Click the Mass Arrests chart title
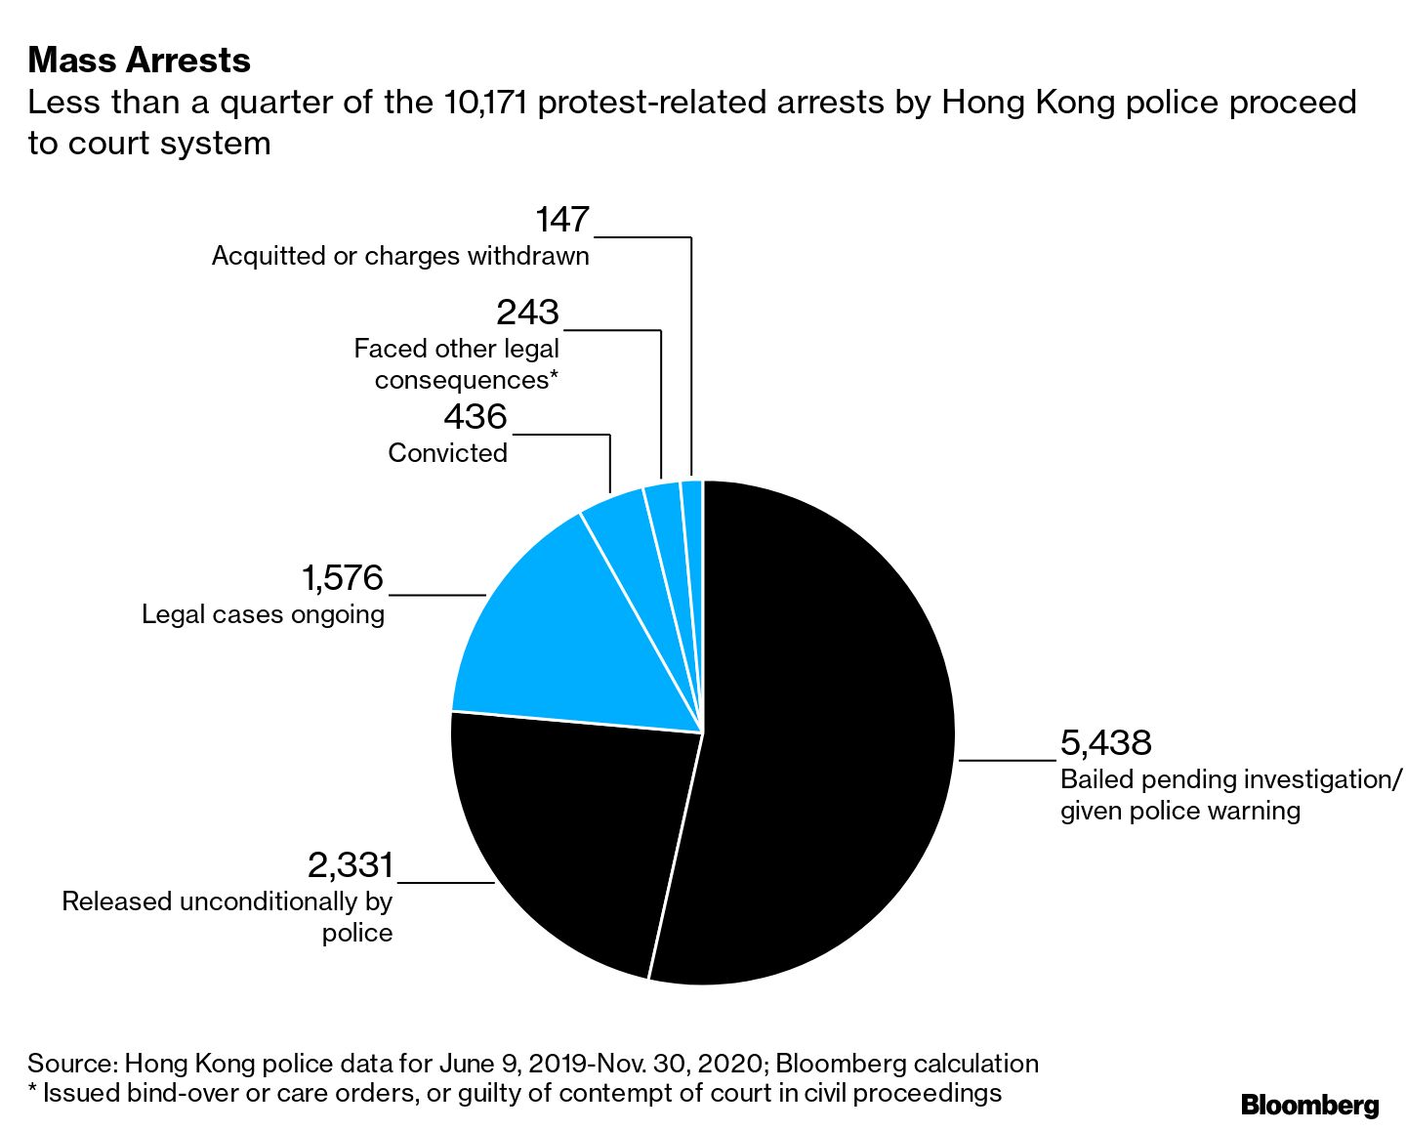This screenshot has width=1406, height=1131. click(140, 61)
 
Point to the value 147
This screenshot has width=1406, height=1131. click(562, 220)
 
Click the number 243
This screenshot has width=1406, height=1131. click(527, 313)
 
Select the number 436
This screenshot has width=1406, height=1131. click(476, 417)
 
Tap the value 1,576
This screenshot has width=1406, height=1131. click(342, 578)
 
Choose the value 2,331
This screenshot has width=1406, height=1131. click(350, 865)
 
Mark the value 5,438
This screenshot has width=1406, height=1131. click(1106, 743)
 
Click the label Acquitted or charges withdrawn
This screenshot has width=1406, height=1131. click(400, 256)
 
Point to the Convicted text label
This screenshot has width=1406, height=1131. click(448, 453)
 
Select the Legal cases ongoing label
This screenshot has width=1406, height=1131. click(263, 614)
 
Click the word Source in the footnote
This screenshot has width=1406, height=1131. click(70, 1064)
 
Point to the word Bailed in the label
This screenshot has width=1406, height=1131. click(1096, 779)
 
